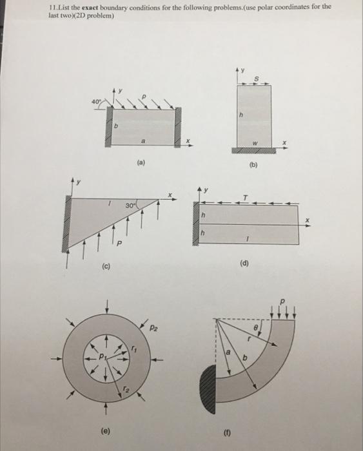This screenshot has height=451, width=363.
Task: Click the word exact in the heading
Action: click(90, 8)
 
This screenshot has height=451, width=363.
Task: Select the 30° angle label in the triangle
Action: click(130, 206)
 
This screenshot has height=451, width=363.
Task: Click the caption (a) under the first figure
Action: click(141, 163)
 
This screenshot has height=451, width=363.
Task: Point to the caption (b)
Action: click(253, 165)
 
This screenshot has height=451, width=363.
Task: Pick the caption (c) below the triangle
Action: click(106, 266)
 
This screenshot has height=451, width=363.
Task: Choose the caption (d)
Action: click(244, 263)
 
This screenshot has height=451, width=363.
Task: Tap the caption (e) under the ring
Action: click(106, 430)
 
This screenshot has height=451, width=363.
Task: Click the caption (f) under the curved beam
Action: click(227, 432)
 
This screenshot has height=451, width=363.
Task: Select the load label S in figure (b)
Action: click(257, 78)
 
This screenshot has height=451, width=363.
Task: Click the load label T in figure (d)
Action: click(245, 198)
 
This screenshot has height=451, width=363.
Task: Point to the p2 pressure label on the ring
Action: click(154, 327)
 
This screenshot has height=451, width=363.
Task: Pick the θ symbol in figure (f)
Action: click(255, 327)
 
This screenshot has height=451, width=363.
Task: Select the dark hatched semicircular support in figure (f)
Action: click(208, 389)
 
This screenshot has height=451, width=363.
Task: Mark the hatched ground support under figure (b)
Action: click(254, 151)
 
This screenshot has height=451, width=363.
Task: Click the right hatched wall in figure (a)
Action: click(178, 127)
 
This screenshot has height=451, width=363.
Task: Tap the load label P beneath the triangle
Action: click(119, 244)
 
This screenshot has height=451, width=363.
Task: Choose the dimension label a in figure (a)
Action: click(143, 141)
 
